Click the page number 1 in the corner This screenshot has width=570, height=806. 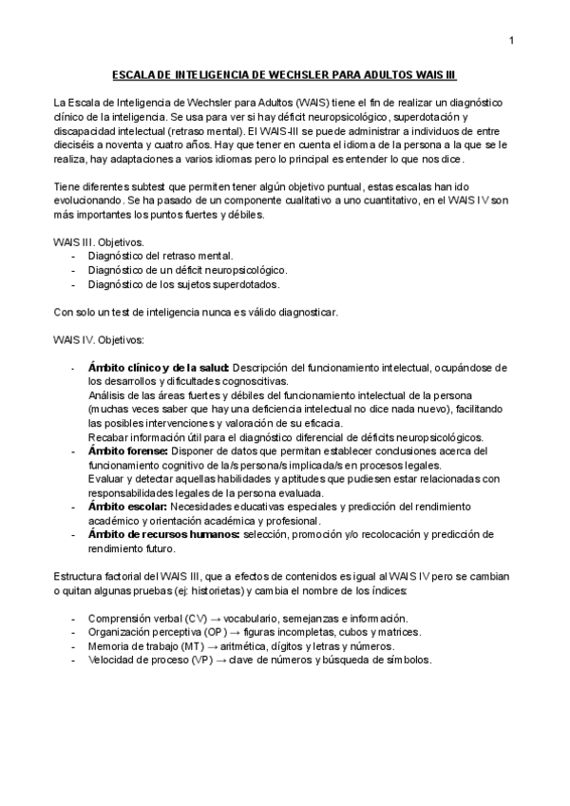[511, 39]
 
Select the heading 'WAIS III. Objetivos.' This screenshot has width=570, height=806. [97, 243]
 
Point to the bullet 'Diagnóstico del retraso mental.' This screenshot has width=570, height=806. [160, 257]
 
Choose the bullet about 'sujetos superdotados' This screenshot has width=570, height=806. [183, 284]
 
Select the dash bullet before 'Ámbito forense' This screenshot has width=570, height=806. [74, 451]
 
